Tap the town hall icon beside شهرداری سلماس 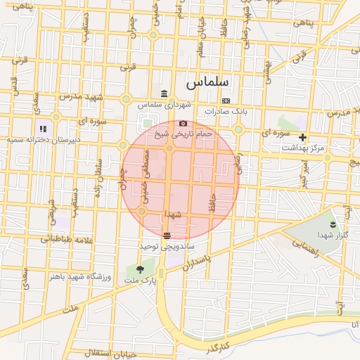pos(164,94)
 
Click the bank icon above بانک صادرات pos(225,101)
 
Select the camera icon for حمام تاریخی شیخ pos(183,123)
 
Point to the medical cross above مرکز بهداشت pos(303,137)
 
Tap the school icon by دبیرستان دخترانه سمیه pos(43,129)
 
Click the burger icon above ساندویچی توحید pos(167,236)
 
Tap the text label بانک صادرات pos(228,111)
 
